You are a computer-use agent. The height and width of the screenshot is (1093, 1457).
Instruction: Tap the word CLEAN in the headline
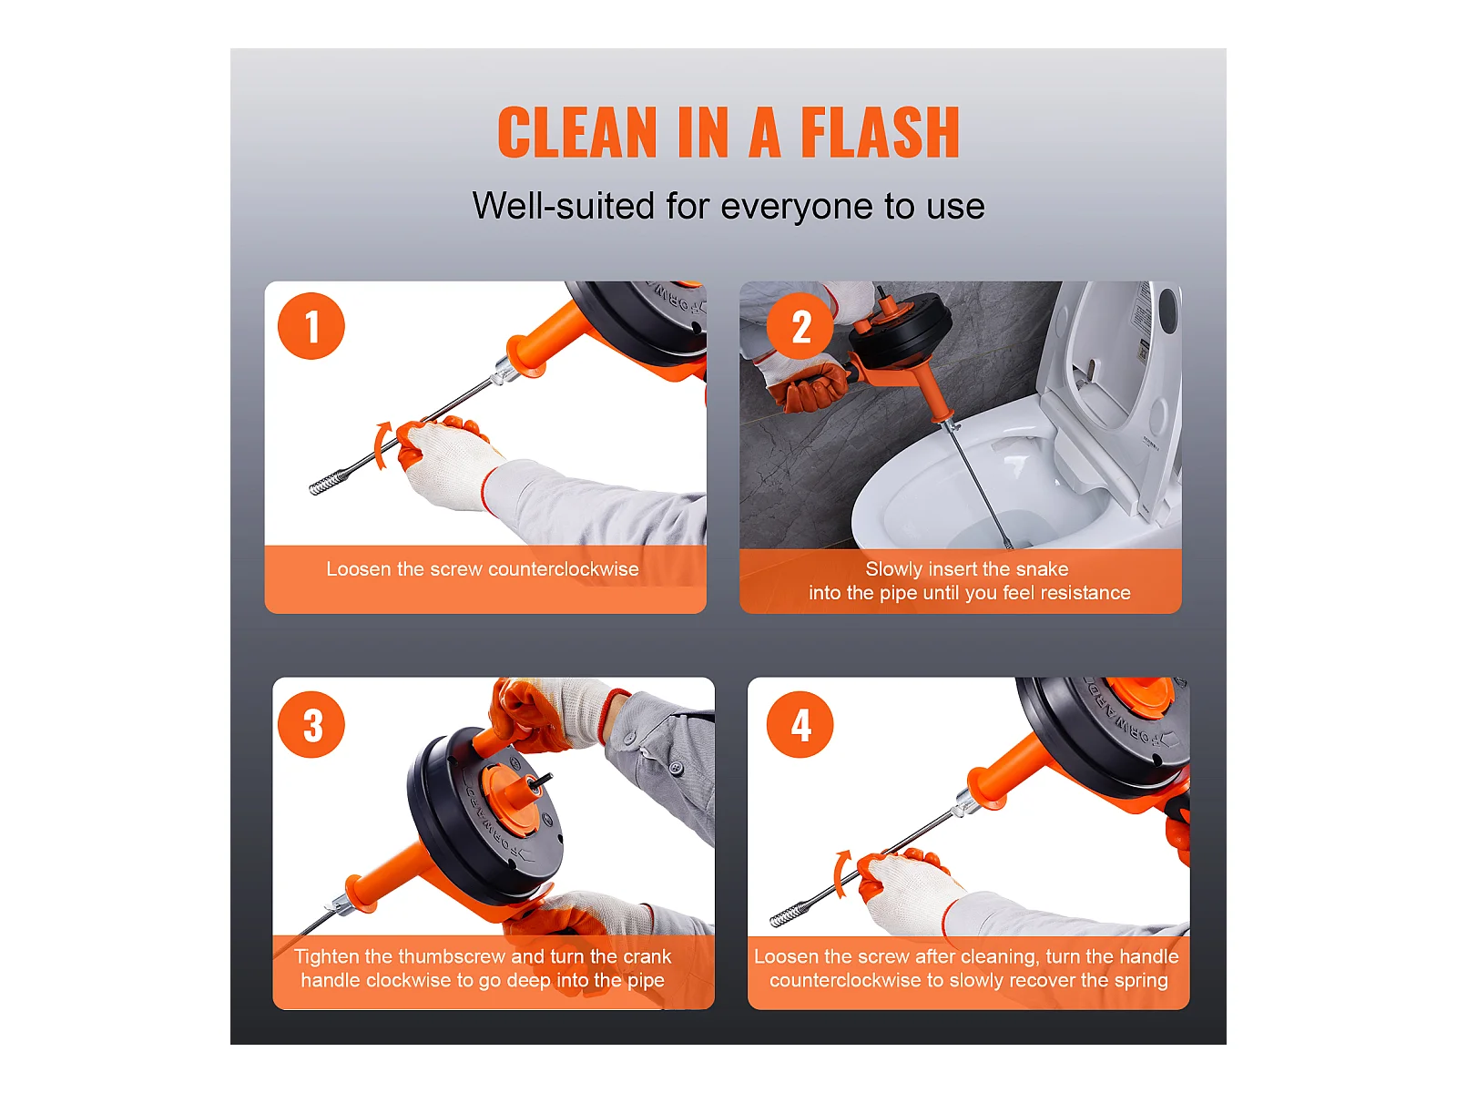[x=576, y=132]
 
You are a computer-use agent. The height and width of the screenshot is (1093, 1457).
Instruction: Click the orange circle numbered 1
[x=311, y=326]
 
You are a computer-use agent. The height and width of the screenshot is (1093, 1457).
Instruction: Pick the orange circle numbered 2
[x=800, y=326]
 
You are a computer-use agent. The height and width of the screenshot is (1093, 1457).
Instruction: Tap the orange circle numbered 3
[x=311, y=724]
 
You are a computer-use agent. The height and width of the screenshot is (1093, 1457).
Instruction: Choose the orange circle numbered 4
[x=800, y=724]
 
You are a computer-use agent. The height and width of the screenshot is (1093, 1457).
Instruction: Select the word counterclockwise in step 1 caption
[x=564, y=569]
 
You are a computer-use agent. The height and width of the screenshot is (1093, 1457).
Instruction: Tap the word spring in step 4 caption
[x=1141, y=982]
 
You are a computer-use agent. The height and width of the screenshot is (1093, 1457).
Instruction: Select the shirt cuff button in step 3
[x=676, y=768]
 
